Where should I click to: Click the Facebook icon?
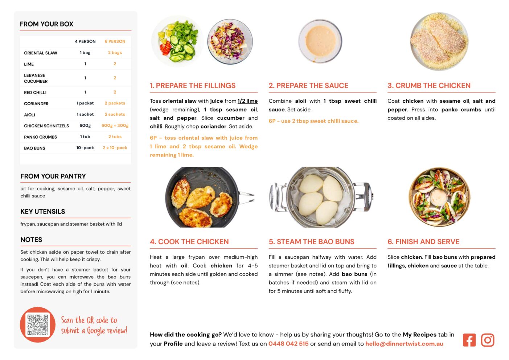point(469,340)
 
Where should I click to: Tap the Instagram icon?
point(487,340)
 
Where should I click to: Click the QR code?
point(37,324)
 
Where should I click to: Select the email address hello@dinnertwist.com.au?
point(404,344)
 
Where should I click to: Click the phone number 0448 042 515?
point(288,344)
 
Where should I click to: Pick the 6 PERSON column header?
point(115,41)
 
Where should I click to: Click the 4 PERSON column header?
point(85,41)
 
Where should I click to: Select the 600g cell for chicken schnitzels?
point(85,126)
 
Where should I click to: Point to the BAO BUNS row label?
point(34,148)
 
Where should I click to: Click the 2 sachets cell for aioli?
point(115,114)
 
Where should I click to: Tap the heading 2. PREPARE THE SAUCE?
point(308,85)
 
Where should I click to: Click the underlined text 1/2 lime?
point(247,101)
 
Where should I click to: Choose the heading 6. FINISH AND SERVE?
point(423,241)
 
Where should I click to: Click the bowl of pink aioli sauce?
point(320,41)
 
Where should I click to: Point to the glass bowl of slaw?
point(230,42)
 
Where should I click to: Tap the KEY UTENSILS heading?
point(43,212)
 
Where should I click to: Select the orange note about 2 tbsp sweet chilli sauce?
point(313,121)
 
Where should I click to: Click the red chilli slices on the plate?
point(166,48)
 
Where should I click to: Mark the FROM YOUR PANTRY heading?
point(53,176)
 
